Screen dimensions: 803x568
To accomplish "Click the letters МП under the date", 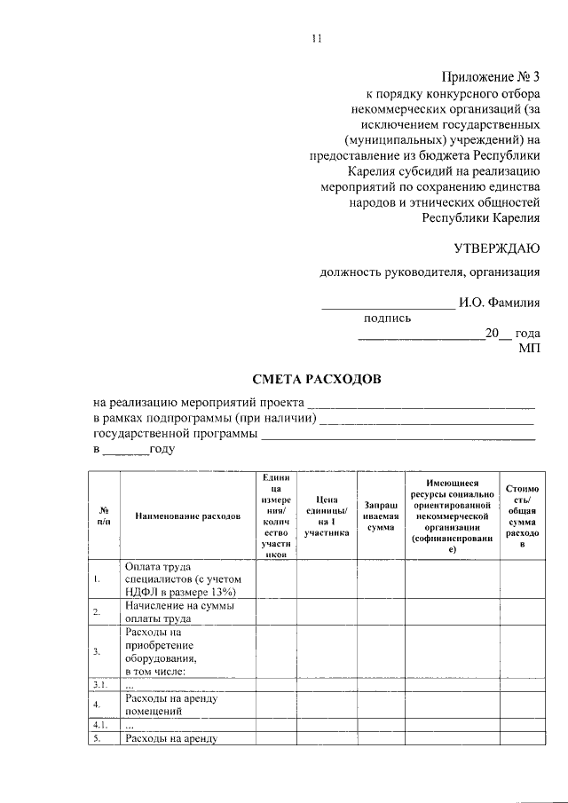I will click(x=529, y=350).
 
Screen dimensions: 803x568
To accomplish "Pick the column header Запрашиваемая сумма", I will click(x=380, y=516).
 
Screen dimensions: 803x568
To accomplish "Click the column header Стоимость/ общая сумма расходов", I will click(x=522, y=516).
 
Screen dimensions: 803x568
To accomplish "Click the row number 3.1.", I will click(x=101, y=685).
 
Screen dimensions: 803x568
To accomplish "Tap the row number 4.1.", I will click(x=101, y=725).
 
